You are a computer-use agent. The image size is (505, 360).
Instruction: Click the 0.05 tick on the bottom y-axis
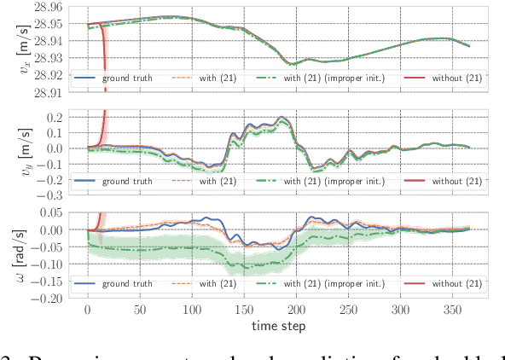pos(54,213)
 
